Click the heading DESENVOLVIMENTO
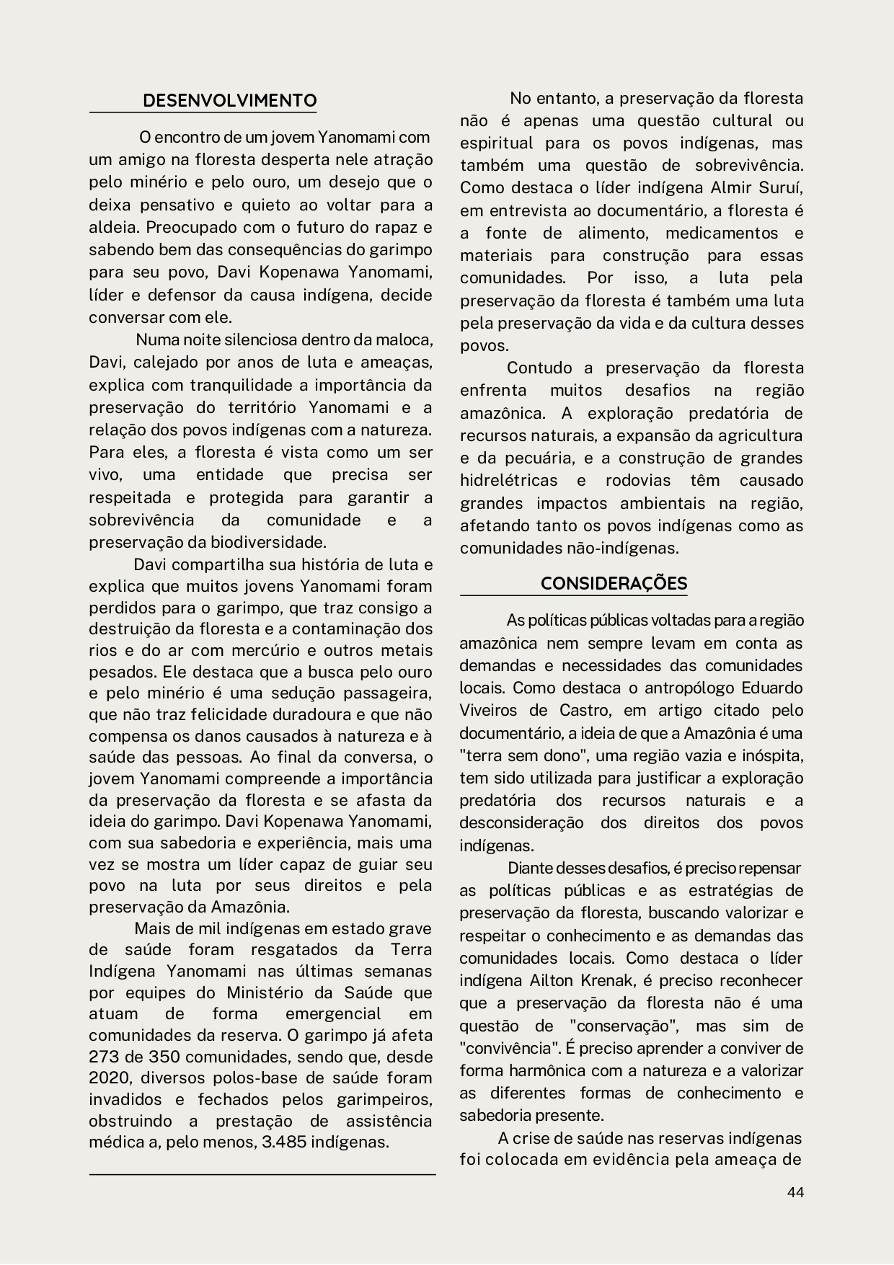pos(229,100)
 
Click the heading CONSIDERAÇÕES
pos(614,583)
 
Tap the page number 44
pos(795,1192)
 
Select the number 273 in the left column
pos(105,1057)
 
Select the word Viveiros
pos(488,711)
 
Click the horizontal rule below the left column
pos(262,1175)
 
